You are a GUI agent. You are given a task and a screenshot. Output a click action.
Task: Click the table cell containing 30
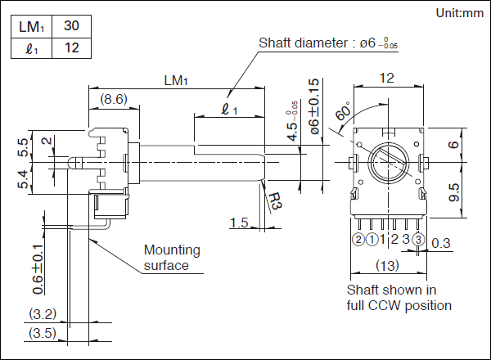pyautogui.click(x=71, y=27)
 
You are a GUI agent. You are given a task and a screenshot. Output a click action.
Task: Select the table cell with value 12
pyautogui.click(x=71, y=48)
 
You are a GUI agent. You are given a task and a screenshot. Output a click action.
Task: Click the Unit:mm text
pyautogui.click(x=459, y=12)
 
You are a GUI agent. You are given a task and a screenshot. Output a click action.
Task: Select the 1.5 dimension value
pyautogui.click(x=239, y=223)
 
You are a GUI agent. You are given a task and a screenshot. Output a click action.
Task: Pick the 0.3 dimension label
pyautogui.click(x=440, y=243)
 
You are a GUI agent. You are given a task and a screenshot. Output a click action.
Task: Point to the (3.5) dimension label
pyautogui.click(x=41, y=333)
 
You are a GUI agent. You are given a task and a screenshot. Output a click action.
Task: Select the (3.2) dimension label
pyautogui.click(x=41, y=313)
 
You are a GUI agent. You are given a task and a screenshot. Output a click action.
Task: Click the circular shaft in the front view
pyautogui.click(x=388, y=161)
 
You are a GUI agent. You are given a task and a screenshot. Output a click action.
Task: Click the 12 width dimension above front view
pyautogui.click(x=387, y=78)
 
